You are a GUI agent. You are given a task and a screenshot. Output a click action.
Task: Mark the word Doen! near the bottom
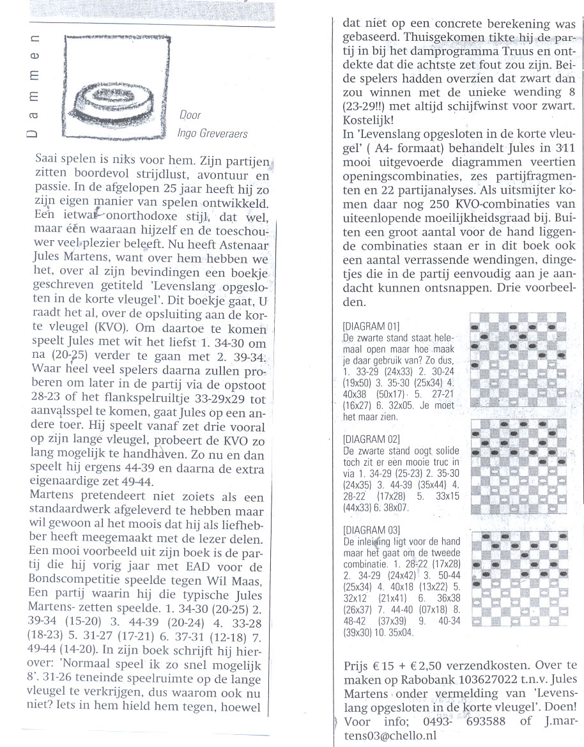pyautogui.click(x=561, y=709)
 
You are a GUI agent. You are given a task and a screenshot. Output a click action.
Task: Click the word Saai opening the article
pyautogui.click(x=47, y=157)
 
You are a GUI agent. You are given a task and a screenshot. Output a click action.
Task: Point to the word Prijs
pyautogui.click(x=357, y=667)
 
